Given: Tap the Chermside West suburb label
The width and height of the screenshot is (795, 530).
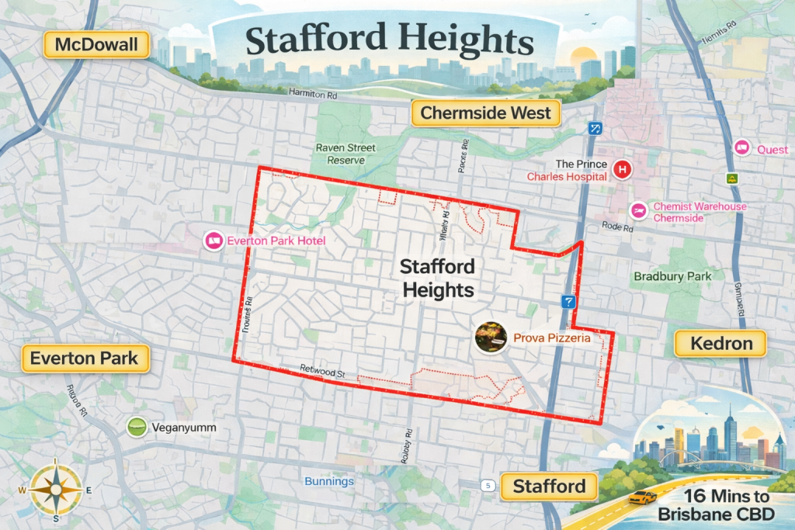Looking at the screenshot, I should click(485, 113).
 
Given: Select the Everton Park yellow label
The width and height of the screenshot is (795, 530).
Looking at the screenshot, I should click(84, 359).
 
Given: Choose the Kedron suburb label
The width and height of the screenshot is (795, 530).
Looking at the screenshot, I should click(720, 343).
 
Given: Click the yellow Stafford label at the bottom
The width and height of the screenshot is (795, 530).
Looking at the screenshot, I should click(549, 487).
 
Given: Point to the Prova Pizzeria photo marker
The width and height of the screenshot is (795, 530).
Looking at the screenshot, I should click(491, 338).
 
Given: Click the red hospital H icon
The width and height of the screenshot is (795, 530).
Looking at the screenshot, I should click(622, 170).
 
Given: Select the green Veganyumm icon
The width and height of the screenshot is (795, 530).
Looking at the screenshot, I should click(137, 427).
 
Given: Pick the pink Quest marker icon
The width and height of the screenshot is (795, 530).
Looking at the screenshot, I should click(741, 149).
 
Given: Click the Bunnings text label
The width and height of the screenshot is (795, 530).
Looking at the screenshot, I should click(329, 482).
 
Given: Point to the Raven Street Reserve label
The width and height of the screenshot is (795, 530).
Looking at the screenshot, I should click(345, 154).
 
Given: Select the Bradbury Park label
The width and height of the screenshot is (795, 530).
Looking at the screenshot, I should click(672, 276).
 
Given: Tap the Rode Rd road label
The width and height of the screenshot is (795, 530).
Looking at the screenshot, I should click(618, 227).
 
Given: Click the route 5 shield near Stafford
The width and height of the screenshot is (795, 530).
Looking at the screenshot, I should click(487, 486).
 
